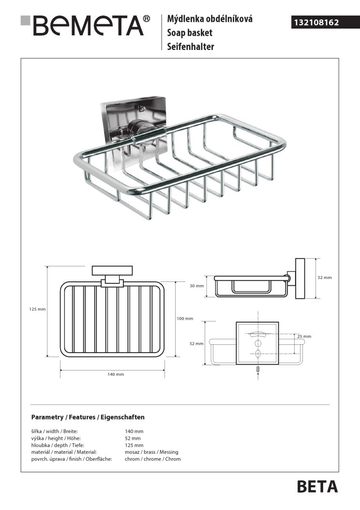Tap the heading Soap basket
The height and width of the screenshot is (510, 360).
pos(190,33)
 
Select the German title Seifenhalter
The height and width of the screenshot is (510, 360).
pos(191,47)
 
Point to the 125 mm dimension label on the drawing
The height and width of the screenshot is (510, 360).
pos(37,309)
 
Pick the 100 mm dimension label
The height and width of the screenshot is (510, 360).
pos(185,318)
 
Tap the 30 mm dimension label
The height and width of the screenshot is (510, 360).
pos(197,286)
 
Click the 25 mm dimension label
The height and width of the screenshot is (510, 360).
pos(304,336)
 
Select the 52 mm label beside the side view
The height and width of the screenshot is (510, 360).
pos(324,278)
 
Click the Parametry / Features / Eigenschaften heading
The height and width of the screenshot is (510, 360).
pos(88,417)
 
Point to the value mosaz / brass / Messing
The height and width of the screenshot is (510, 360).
pos(152,452)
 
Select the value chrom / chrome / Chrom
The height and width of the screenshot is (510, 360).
pos(153,459)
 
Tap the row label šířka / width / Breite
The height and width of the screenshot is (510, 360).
pos(54,431)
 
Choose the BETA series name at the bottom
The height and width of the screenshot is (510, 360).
pos(317,486)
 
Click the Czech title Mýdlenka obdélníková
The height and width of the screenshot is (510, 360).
pos(210,20)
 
